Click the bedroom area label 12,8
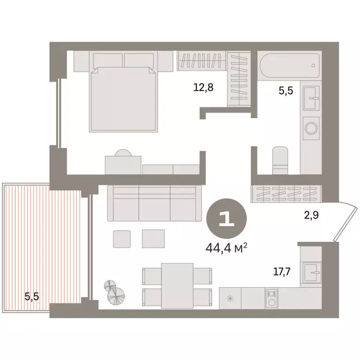[203, 87]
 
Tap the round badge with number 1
[227, 219]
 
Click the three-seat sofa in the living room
[155, 202]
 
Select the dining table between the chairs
[177, 285]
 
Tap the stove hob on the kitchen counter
[270, 298]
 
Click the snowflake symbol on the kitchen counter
[230, 298]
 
